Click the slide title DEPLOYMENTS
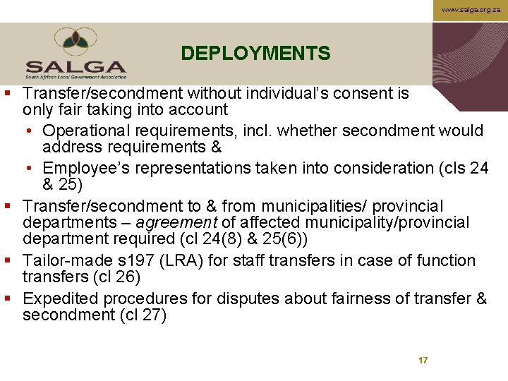[255, 54]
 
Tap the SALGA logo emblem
[76, 42]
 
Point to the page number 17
[423, 361]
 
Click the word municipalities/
[313, 206]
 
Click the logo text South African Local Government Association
[76, 76]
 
